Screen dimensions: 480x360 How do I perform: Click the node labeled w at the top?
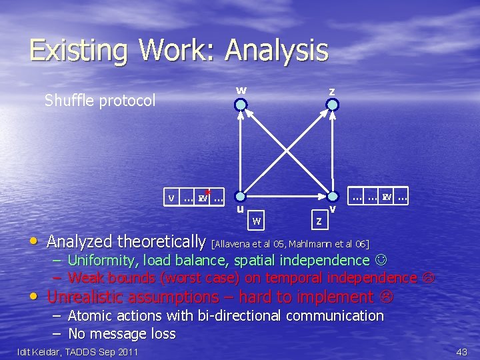[x=241, y=104]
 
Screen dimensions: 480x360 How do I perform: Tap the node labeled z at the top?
[x=332, y=104]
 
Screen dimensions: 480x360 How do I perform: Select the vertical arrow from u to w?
[x=241, y=150]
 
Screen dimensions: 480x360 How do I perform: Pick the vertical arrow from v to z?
[x=333, y=150]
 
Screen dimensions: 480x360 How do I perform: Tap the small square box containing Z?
[x=320, y=219]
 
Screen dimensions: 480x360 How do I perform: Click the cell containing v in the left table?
[x=172, y=198]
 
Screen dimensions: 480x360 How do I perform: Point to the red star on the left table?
[x=208, y=191]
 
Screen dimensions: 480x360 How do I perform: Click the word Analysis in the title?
[x=277, y=51]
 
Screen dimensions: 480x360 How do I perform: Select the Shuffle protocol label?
[x=100, y=101]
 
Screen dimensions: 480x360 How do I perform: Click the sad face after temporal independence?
[x=428, y=278]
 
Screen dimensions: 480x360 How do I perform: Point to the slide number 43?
[x=461, y=351]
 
